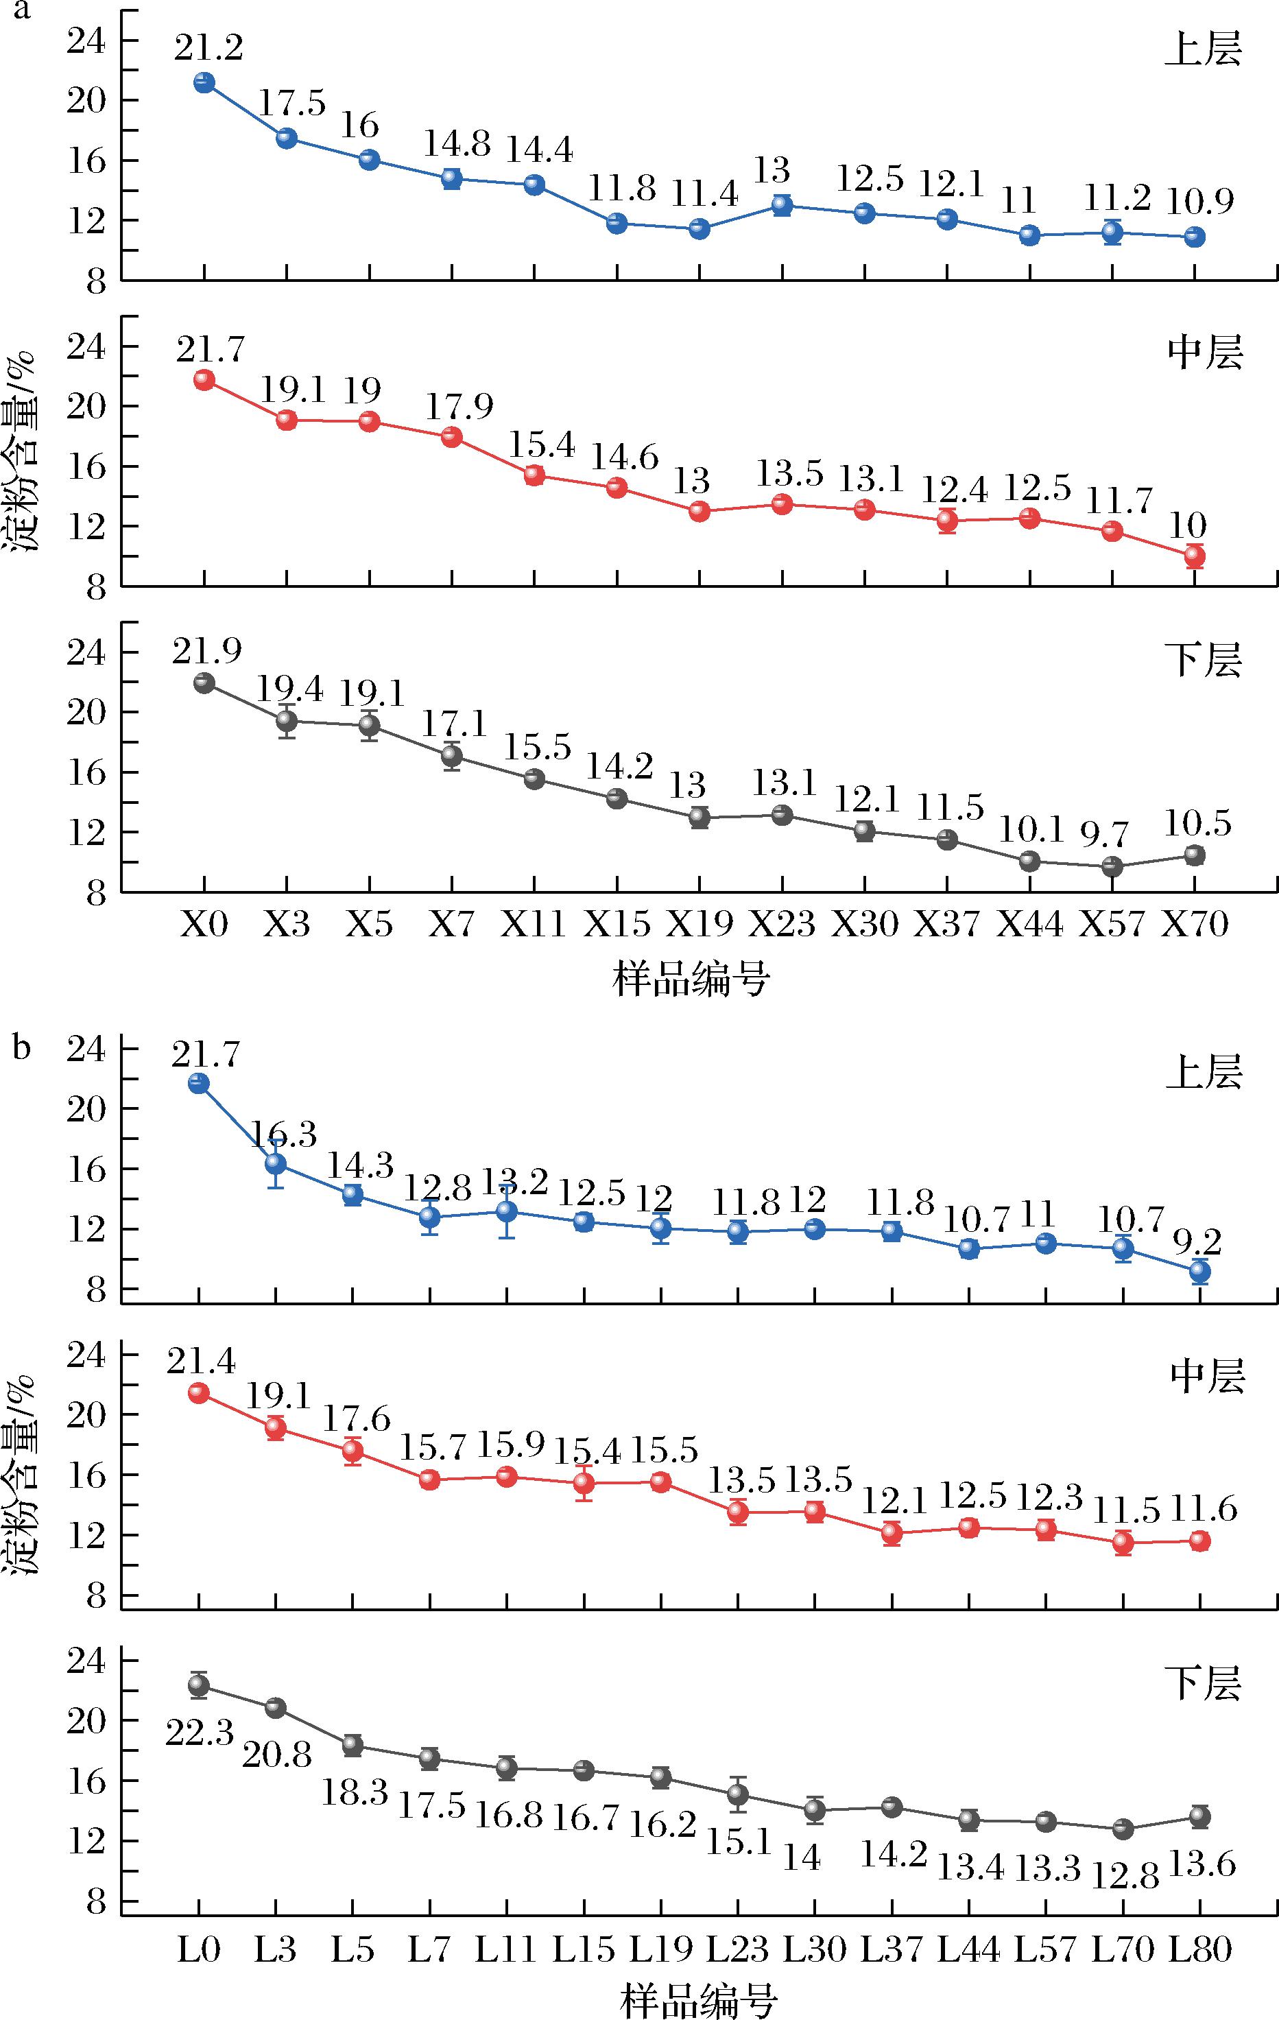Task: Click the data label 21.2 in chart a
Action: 209,49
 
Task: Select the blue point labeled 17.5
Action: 287,139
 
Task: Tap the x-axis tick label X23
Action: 782,924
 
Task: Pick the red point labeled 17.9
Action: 452,436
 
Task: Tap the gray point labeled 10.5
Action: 1194,855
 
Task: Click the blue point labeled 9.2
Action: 1200,1271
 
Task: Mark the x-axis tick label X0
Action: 204,924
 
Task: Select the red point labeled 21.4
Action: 199,1392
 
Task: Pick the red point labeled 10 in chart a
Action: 1194,556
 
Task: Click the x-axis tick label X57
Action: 1111,924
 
